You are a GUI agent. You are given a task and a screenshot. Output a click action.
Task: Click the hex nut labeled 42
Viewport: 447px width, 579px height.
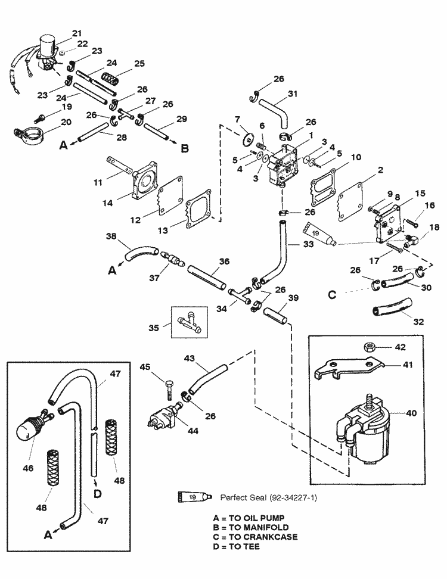pos(366,346)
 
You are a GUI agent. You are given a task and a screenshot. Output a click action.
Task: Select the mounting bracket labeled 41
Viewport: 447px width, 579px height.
pos(345,369)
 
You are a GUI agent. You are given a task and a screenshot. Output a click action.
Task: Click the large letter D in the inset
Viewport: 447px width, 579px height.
pos(97,492)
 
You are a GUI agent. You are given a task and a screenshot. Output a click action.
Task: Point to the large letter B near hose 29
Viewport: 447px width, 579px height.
pos(185,148)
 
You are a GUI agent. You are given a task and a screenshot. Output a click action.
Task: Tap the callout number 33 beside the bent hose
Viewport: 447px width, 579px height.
pos(293,244)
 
